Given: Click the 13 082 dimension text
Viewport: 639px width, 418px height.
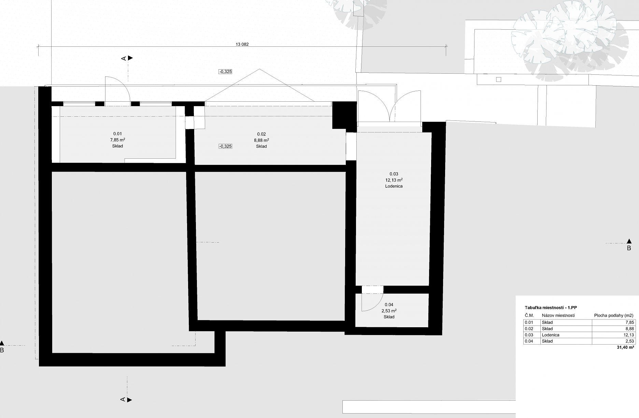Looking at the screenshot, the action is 242,44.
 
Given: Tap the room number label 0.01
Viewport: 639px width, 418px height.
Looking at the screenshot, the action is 117,134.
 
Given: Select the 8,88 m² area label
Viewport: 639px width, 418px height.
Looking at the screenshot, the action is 261,140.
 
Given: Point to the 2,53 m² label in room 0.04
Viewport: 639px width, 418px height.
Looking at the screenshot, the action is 389,311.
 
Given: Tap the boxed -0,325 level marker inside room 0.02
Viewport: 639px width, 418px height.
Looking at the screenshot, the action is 225,146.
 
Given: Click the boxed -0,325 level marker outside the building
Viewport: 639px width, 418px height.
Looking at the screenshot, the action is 225,72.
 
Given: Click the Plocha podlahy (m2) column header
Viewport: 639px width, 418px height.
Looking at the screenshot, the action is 614,316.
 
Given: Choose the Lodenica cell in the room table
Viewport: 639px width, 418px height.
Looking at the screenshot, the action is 550,335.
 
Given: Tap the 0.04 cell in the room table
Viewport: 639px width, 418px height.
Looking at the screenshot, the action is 529,341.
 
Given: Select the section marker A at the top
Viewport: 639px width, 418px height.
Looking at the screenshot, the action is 127,58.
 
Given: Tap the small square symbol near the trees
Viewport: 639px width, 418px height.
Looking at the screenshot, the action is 498,80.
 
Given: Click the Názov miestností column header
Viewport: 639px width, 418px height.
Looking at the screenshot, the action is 558,316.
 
